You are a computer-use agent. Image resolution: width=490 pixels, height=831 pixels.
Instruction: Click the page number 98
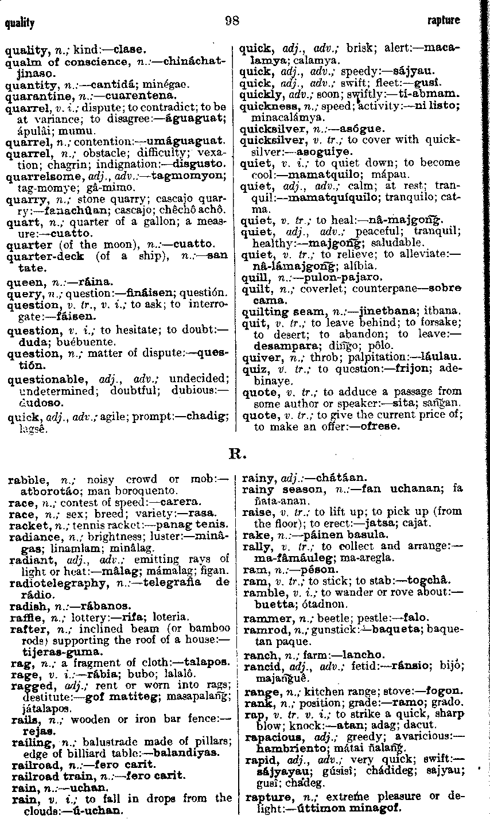click(232, 21)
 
